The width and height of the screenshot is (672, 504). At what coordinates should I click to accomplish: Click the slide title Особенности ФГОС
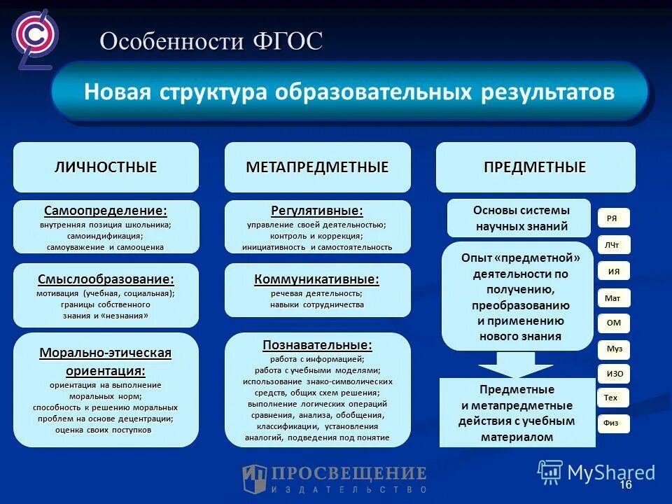(211, 41)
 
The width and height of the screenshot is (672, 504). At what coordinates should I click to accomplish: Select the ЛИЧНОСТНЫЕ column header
(106, 167)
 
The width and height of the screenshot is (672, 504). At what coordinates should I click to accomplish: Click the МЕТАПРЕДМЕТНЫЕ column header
(317, 167)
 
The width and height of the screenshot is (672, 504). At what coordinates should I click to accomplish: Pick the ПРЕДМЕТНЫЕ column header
(535, 167)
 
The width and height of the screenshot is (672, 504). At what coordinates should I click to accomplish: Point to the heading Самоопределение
(106, 211)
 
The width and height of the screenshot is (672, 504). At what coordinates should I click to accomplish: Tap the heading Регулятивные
(317, 211)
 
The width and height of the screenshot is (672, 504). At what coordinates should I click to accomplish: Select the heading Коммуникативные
(317, 279)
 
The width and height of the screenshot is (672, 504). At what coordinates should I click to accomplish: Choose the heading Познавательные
(317, 345)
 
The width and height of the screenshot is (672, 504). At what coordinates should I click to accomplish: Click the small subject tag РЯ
(612, 218)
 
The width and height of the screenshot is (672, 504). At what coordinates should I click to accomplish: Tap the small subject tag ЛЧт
(612, 245)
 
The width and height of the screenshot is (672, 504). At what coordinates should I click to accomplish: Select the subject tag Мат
(612, 298)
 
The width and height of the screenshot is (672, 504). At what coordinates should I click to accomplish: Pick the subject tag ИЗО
(614, 374)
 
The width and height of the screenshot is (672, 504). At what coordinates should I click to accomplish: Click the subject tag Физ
(612, 423)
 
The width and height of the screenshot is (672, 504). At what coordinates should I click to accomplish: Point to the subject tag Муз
(614, 349)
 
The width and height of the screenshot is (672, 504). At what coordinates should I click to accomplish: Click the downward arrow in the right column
(515, 363)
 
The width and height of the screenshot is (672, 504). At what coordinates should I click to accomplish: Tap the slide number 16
(625, 486)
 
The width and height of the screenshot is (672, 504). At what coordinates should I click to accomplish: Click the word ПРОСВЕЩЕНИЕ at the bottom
(349, 473)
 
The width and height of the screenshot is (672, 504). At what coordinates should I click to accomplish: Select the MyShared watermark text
(610, 472)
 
